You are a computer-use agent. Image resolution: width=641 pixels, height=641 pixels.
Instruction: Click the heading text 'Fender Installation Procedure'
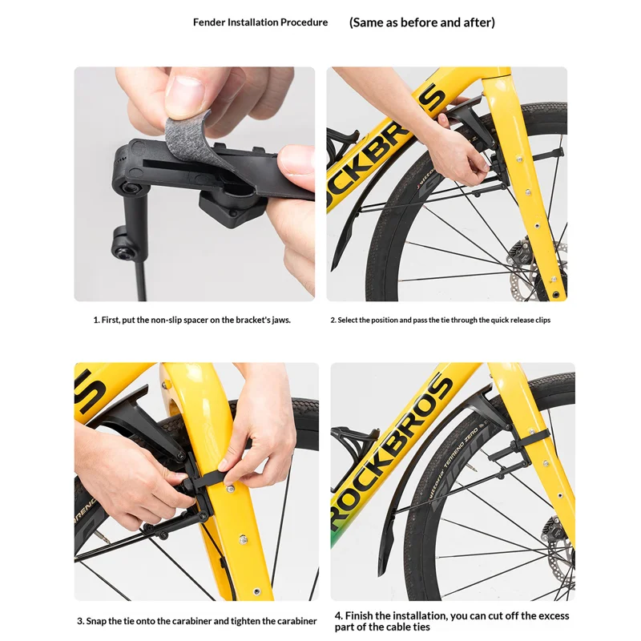pyautogui.click(x=260, y=22)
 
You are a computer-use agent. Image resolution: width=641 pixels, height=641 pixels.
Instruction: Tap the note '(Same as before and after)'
pyautogui.click(x=422, y=22)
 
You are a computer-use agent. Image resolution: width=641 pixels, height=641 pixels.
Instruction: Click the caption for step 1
pyautogui.click(x=192, y=320)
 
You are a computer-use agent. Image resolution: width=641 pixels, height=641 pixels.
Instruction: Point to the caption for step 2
pyautogui.click(x=440, y=320)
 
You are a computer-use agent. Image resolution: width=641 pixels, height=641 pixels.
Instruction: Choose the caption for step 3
pyautogui.click(x=196, y=621)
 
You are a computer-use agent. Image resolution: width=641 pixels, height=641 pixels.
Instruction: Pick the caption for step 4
pyautogui.click(x=452, y=621)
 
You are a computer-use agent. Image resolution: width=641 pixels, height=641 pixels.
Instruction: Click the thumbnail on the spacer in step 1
pyautogui.click(x=184, y=93)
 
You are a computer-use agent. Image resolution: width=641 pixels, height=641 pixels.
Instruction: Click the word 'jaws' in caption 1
pyautogui.click(x=281, y=320)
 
